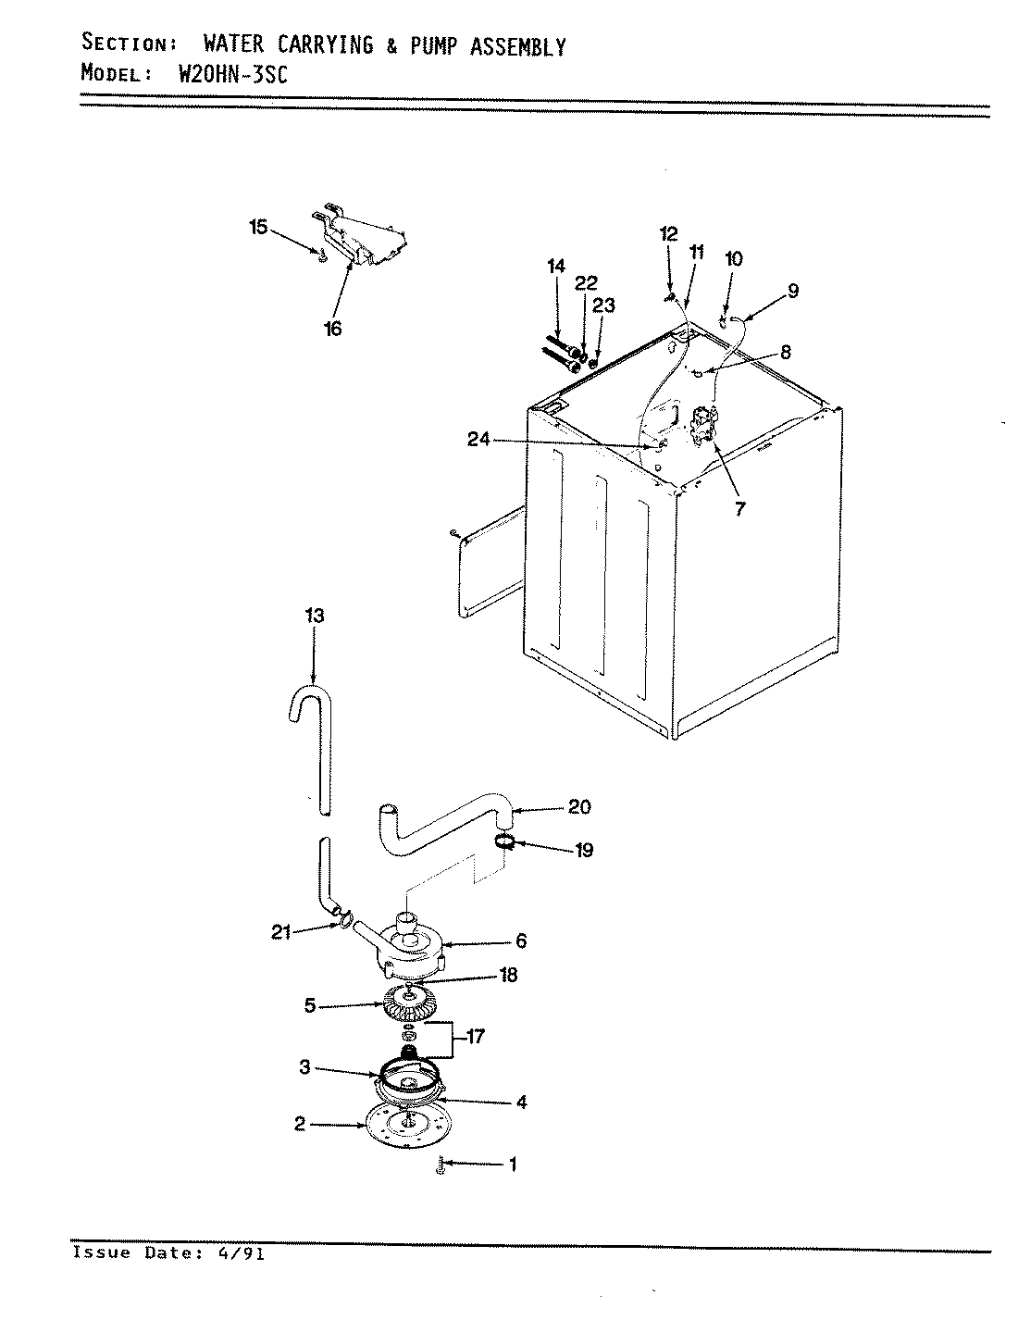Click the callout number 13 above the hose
[314, 616]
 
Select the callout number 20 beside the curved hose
[578, 807]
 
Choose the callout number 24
[478, 441]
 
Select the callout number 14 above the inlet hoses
[555, 267]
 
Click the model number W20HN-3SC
[231, 75]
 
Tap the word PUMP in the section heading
[429, 46]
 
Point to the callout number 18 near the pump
[507, 975]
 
